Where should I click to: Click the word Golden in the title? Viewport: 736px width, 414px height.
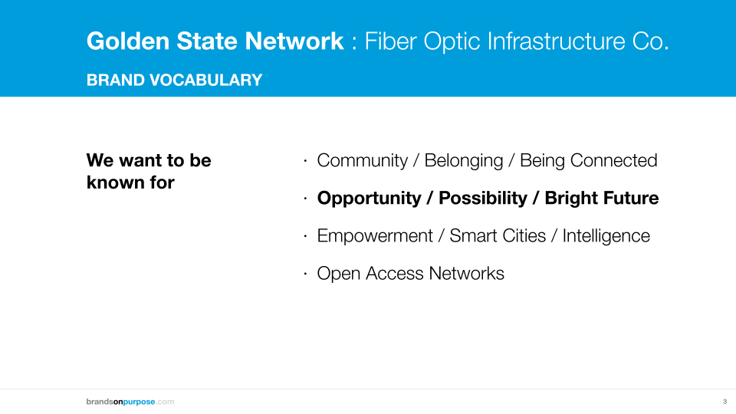coord(128,41)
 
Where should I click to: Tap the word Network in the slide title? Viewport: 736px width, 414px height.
coord(294,41)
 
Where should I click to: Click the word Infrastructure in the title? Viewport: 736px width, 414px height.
coord(557,41)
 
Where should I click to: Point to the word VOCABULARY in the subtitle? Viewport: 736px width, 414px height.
coord(206,80)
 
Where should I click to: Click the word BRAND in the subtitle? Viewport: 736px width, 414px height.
coord(116,80)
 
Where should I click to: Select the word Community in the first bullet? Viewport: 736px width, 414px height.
coord(363,160)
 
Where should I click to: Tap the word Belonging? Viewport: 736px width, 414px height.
coord(464,160)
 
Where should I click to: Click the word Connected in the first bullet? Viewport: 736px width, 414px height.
coord(613,160)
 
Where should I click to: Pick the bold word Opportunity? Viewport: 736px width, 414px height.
coord(370,198)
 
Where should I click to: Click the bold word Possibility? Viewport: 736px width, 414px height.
coord(483,198)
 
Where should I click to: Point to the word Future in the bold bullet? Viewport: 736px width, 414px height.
coord(630,198)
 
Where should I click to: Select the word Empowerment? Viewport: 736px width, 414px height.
coord(375,235)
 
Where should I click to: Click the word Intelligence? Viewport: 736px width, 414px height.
coord(606,235)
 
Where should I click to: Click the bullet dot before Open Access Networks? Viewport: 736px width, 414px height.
coord(305,274)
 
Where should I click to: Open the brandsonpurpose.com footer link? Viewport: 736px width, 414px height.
coord(130,402)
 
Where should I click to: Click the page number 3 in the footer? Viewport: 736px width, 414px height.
coord(724,402)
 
